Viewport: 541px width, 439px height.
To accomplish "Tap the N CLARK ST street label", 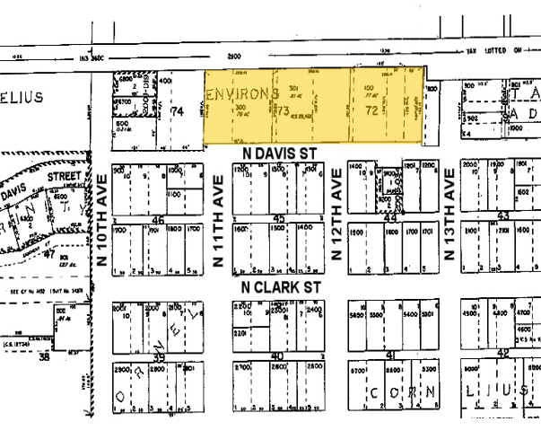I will coord(281,286).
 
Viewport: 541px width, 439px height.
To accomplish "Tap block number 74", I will coord(177,111).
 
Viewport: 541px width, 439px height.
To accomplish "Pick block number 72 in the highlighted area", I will coord(371,111).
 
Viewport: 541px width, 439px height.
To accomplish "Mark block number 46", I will coord(159,220).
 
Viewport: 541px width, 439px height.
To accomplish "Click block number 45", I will coord(279,219).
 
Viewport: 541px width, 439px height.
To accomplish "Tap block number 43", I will coord(502,216).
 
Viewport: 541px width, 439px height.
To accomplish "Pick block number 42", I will coord(502,356).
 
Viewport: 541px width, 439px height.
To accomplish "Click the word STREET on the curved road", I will coord(65,180).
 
